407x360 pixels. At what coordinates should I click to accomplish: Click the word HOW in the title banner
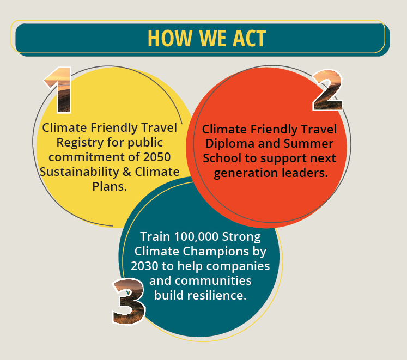[x=169, y=38]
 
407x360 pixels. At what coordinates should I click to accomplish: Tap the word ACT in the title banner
[x=249, y=38]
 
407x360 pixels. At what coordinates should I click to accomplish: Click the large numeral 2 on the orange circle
[x=327, y=90]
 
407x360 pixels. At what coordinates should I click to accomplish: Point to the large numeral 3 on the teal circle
[x=129, y=301]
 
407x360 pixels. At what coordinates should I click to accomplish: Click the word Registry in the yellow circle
[x=80, y=143]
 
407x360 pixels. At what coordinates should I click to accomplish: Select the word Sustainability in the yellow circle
[x=80, y=172]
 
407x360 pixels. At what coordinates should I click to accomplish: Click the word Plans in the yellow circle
[x=108, y=186]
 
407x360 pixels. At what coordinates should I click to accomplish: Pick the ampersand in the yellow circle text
[x=127, y=172]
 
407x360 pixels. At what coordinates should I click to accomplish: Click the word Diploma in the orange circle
[x=230, y=144]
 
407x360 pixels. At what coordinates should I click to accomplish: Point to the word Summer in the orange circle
[x=308, y=144]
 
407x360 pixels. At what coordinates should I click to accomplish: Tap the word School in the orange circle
[x=222, y=158]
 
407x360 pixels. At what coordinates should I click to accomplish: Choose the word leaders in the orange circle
[x=305, y=173]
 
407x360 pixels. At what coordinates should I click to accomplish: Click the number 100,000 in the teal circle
[x=196, y=237]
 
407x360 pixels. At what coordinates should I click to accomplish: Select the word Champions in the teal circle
[x=215, y=252]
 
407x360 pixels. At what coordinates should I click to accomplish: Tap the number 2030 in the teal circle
[x=144, y=266]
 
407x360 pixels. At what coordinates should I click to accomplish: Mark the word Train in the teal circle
[x=155, y=237]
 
